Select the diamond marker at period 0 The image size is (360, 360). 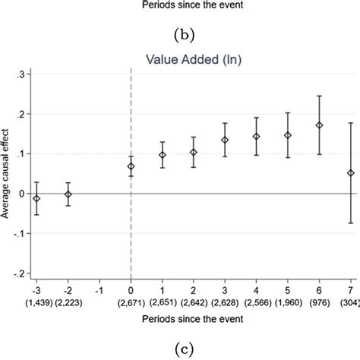[x=131, y=166]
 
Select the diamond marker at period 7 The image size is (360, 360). [x=350, y=173]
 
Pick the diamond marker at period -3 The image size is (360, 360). [x=36, y=198]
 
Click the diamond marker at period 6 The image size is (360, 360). [x=319, y=125]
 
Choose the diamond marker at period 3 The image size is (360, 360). [x=225, y=140]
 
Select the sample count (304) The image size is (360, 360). [x=349, y=303]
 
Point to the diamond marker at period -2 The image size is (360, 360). [x=68, y=194]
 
